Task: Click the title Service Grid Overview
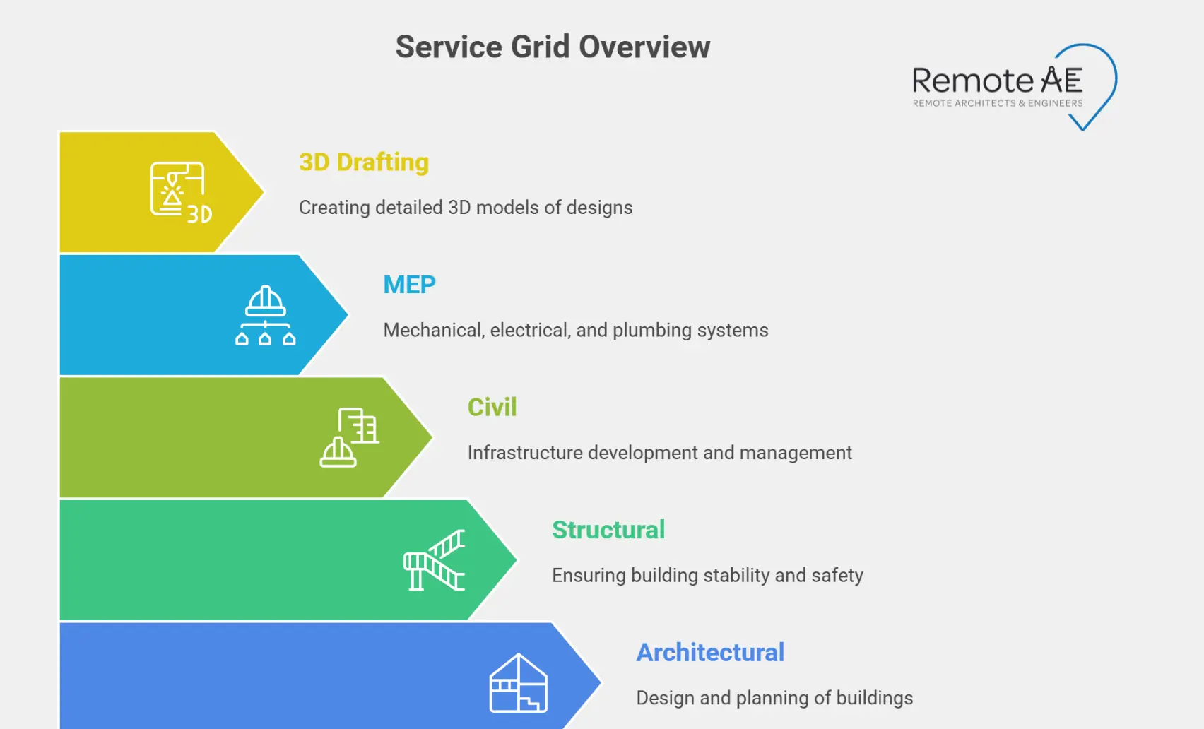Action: pos(553,47)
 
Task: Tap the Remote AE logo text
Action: pos(997,81)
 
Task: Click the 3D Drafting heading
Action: pos(364,162)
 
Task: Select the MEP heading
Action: pos(409,285)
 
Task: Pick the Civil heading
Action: pos(492,408)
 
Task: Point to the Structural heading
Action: pos(608,530)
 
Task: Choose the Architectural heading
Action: pos(710,653)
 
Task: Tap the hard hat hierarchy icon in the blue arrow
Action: pos(265,315)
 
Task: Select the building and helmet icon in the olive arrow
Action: pos(350,437)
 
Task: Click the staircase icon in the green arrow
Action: pos(434,560)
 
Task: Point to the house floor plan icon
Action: pos(519,683)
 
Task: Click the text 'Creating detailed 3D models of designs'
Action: pos(466,208)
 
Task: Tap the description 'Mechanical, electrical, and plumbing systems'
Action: pos(576,331)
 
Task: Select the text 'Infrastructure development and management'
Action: pos(660,453)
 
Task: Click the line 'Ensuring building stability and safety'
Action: pos(707,576)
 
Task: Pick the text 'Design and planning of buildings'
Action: pos(774,698)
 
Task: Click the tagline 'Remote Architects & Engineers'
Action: pos(997,103)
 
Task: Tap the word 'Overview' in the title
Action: pos(644,47)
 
